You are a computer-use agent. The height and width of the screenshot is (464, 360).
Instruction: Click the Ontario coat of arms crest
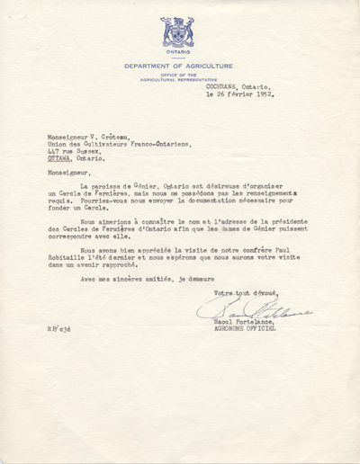coord(177,31)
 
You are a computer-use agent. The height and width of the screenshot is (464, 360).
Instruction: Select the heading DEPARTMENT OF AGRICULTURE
coord(178,66)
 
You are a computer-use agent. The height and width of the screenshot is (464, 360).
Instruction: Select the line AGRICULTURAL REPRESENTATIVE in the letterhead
coord(178,78)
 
